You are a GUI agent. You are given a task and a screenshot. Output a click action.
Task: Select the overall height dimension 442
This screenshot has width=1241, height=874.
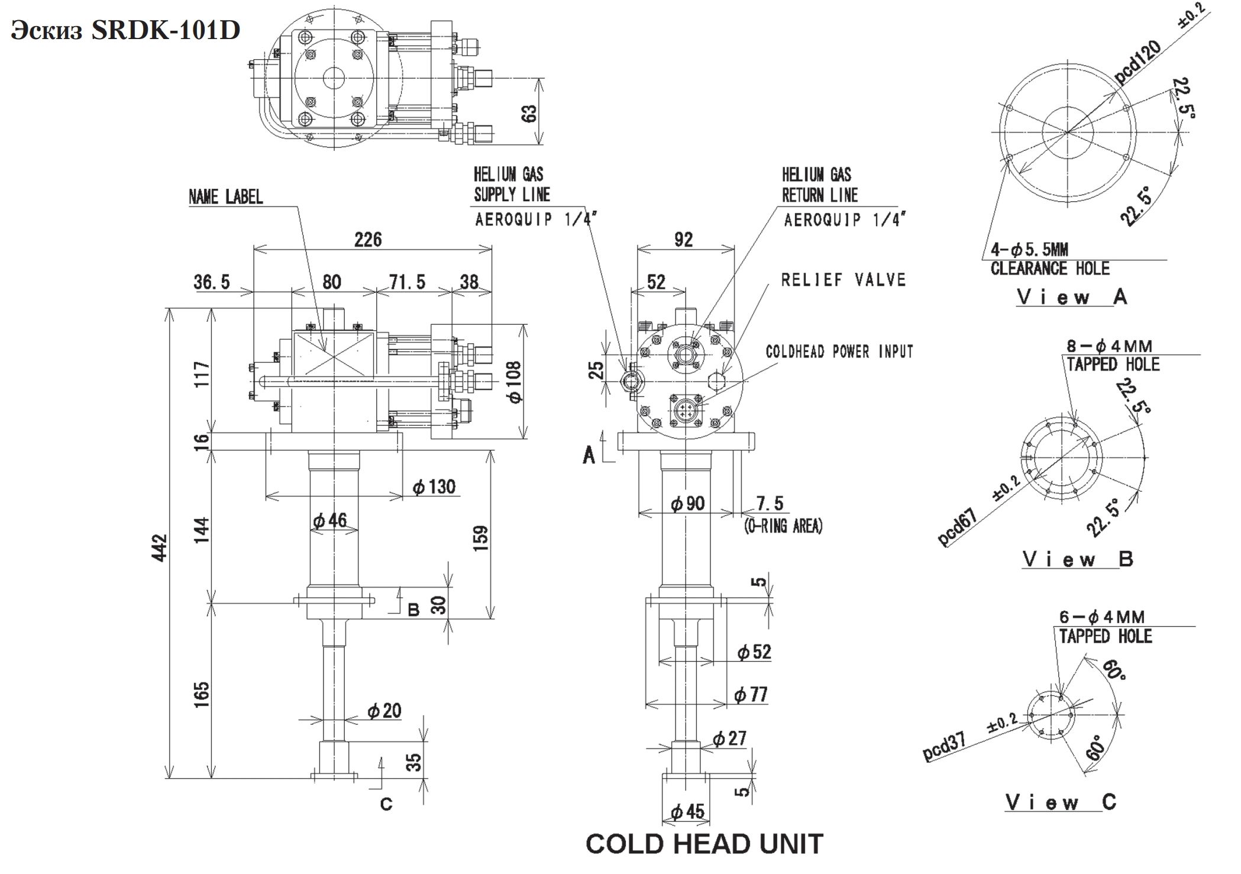click(161, 548)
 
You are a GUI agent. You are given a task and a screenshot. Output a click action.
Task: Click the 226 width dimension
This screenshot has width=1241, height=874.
click(368, 240)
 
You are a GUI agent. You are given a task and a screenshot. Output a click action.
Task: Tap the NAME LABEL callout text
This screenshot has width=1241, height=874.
click(225, 197)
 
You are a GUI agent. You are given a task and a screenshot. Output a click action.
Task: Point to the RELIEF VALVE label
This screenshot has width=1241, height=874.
click(843, 280)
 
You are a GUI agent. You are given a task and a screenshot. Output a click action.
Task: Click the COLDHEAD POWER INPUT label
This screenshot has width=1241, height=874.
click(839, 352)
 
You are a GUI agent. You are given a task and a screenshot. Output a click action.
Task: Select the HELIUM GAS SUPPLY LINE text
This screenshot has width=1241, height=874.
click(512, 185)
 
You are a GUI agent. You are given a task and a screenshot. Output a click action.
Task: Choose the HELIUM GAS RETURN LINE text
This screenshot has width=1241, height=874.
click(819, 185)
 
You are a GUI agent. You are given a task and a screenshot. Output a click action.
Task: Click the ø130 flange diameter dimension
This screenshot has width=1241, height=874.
click(434, 487)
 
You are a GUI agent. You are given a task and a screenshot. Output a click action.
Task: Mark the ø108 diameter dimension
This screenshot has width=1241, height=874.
click(514, 382)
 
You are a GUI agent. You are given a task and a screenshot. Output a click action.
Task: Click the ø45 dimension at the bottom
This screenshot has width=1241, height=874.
click(687, 812)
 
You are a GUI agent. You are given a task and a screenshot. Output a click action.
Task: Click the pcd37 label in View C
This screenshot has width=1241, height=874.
click(945, 746)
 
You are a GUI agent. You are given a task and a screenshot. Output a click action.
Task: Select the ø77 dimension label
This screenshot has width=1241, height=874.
click(751, 695)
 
